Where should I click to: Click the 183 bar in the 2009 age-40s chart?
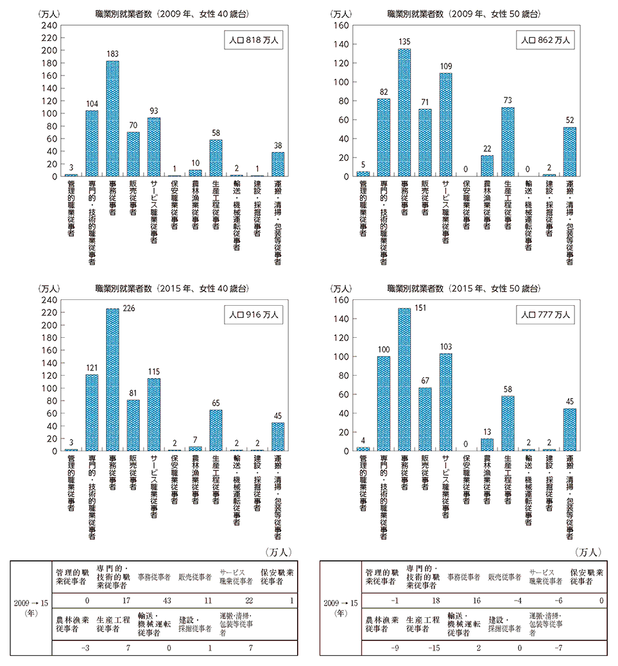pos(112,119)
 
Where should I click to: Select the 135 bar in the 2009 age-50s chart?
pos(404,112)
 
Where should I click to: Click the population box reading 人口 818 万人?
pos(255,40)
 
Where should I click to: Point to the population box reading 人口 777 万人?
pos(545,315)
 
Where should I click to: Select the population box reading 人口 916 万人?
pos(255,315)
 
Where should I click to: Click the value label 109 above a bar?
pos(446,66)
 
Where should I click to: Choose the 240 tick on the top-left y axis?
pos(49,26)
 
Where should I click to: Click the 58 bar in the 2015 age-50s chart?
pos(508,423)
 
